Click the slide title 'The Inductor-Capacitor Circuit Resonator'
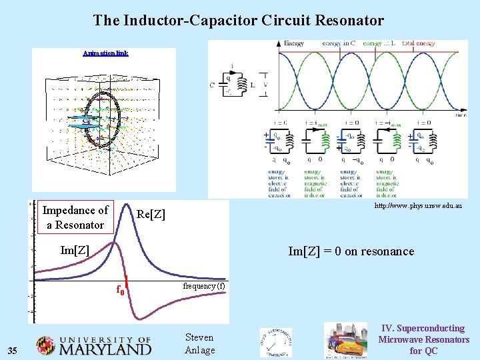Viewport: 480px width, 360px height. (239, 21)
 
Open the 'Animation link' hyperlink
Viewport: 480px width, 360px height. (105, 53)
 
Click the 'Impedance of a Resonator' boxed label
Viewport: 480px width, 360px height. (75, 217)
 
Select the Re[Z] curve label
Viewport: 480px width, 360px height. (151, 214)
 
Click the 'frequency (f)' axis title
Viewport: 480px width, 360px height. (204, 286)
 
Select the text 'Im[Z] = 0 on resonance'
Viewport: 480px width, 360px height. (351, 251)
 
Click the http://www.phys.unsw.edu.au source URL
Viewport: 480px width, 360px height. (418, 207)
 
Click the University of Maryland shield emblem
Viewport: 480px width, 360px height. (46, 345)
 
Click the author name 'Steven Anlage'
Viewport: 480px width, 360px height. (199, 344)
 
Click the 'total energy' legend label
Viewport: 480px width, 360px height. (417, 43)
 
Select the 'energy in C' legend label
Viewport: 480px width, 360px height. (339, 43)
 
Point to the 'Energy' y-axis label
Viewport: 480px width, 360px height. (294, 43)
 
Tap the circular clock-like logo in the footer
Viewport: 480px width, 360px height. (276, 343)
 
